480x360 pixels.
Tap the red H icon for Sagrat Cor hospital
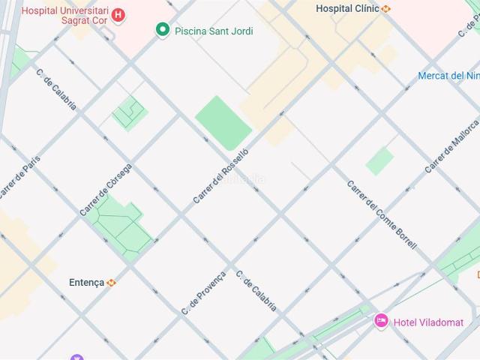click(x=118, y=15)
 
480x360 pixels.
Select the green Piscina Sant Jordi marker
click(x=162, y=30)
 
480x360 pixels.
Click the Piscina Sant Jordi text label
click(x=213, y=31)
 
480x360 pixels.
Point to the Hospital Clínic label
click(x=346, y=9)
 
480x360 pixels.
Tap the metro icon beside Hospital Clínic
click(x=385, y=9)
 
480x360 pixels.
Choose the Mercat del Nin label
click(x=448, y=76)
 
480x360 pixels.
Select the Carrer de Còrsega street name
click(x=106, y=190)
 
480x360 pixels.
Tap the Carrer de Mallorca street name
click(x=451, y=146)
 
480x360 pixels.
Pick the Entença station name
click(x=87, y=282)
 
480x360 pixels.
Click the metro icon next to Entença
click(x=112, y=283)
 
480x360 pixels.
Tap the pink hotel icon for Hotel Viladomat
click(x=381, y=322)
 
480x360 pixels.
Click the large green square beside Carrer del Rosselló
click(x=223, y=122)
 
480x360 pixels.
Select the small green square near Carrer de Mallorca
click(x=379, y=160)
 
